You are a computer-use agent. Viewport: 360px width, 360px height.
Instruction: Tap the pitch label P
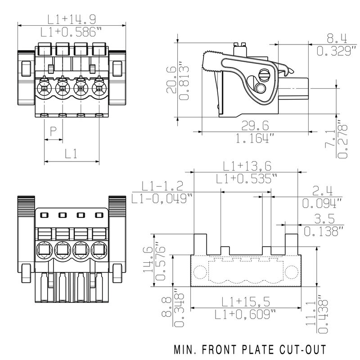(53, 131)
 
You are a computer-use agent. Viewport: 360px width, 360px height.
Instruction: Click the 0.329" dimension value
(333, 51)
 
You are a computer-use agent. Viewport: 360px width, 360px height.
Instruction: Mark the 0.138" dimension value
(323, 231)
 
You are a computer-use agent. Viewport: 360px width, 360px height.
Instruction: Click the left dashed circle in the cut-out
(199, 272)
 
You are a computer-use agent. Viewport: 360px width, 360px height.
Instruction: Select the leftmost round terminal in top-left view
(45, 87)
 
